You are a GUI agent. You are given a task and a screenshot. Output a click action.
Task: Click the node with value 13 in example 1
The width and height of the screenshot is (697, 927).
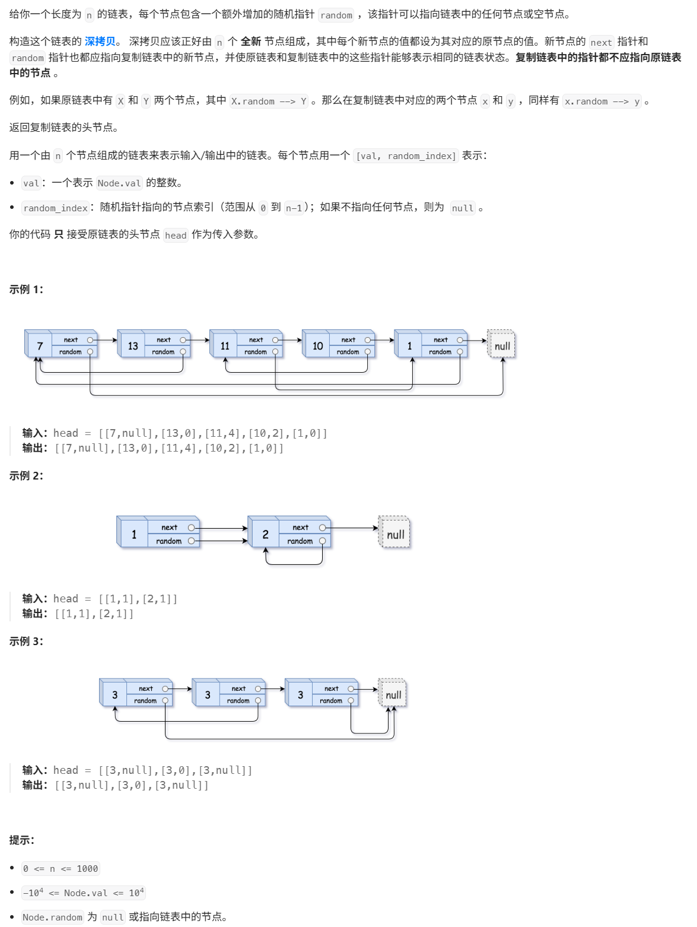133,346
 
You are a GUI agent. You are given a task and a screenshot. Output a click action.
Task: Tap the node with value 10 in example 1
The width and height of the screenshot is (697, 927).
318,346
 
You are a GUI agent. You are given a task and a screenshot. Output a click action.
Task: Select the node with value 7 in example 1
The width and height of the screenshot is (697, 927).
40,346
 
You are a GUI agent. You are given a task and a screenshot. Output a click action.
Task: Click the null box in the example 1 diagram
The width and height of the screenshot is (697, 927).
502,346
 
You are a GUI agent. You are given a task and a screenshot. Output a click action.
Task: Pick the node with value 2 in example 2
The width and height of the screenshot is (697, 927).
265,535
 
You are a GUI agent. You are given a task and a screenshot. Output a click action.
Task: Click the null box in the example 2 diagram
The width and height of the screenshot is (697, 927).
395,534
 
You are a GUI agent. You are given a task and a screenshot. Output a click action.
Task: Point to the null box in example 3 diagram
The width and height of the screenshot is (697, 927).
393,695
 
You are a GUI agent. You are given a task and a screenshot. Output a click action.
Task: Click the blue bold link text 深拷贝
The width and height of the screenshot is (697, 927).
100,42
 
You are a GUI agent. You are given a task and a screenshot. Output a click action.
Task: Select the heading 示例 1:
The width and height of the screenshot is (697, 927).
26,290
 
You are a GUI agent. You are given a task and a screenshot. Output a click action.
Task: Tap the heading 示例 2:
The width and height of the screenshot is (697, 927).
26,476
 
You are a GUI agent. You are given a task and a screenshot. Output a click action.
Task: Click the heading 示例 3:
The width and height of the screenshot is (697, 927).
26,642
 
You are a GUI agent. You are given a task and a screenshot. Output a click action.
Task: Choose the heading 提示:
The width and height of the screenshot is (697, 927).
22,840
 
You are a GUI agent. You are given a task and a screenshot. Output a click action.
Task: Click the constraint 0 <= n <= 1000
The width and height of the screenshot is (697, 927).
61,869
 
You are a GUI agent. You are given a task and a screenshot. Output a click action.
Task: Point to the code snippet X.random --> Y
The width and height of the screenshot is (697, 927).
269,101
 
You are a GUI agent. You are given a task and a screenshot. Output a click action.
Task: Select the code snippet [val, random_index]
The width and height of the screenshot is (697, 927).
406,156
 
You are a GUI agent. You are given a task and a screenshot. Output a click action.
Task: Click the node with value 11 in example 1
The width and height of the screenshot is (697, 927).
225,346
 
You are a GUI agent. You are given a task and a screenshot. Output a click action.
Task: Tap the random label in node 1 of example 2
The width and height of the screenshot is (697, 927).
168,541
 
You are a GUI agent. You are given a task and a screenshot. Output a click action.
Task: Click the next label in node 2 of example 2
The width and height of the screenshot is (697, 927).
300,528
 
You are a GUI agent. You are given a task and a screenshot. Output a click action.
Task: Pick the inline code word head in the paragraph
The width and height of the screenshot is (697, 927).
176,236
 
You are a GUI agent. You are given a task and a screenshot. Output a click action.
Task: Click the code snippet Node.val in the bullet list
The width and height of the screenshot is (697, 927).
119,183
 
